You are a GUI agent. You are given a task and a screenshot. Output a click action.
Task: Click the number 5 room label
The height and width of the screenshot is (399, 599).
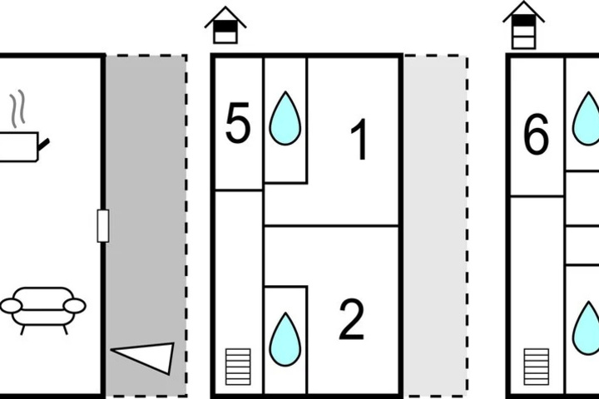click(x=238, y=123)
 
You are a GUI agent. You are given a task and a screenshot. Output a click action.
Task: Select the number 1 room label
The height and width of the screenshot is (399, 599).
click(x=359, y=140)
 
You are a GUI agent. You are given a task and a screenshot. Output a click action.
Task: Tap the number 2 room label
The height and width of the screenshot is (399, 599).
click(x=351, y=320)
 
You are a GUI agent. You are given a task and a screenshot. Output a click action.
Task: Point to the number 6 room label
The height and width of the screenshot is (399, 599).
click(x=536, y=135)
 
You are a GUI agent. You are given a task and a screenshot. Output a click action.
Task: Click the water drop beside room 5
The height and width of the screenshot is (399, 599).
click(x=285, y=119)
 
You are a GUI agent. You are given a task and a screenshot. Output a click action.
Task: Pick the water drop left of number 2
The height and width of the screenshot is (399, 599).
click(x=285, y=339)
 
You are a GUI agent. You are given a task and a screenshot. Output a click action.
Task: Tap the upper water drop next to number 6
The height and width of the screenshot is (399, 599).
click(x=586, y=119)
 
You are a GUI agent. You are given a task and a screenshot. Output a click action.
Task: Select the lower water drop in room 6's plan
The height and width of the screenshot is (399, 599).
click(x=586, y=328)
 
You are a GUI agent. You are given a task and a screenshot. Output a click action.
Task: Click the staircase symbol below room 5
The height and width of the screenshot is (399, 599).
click(x=238, y=367)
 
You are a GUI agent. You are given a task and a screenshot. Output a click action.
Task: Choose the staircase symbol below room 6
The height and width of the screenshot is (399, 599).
click(x=537, y=367)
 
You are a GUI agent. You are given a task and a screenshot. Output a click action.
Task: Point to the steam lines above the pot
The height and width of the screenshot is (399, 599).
click(x=17, y=108)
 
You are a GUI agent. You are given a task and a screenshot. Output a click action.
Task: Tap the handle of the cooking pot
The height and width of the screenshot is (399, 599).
click(x=43, y=145)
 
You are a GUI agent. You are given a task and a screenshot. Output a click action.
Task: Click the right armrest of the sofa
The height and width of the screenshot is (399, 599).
click(x=75, y=305)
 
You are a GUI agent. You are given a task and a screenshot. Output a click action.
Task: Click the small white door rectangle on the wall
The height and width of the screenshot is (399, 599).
click(x=103, y=225)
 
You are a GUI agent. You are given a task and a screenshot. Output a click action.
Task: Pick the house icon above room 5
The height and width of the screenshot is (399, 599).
click(x=225, y=25)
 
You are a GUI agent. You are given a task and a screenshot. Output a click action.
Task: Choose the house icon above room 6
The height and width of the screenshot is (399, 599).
click(x=523, y=25)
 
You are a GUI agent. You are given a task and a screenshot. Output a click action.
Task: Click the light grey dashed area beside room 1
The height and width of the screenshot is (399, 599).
click(x=436, y=226)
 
